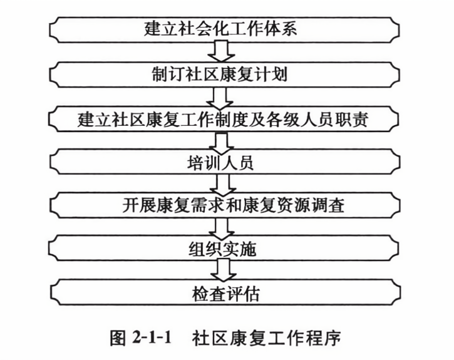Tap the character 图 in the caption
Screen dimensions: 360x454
(117, 338)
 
